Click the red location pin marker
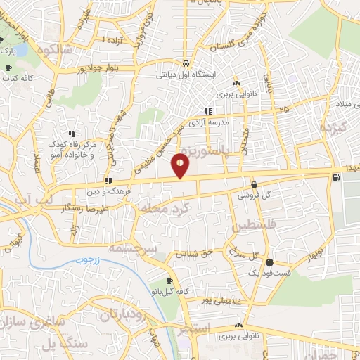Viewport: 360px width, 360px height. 181,166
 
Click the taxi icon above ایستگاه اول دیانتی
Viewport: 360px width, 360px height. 186,61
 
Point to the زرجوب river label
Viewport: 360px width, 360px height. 85,261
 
